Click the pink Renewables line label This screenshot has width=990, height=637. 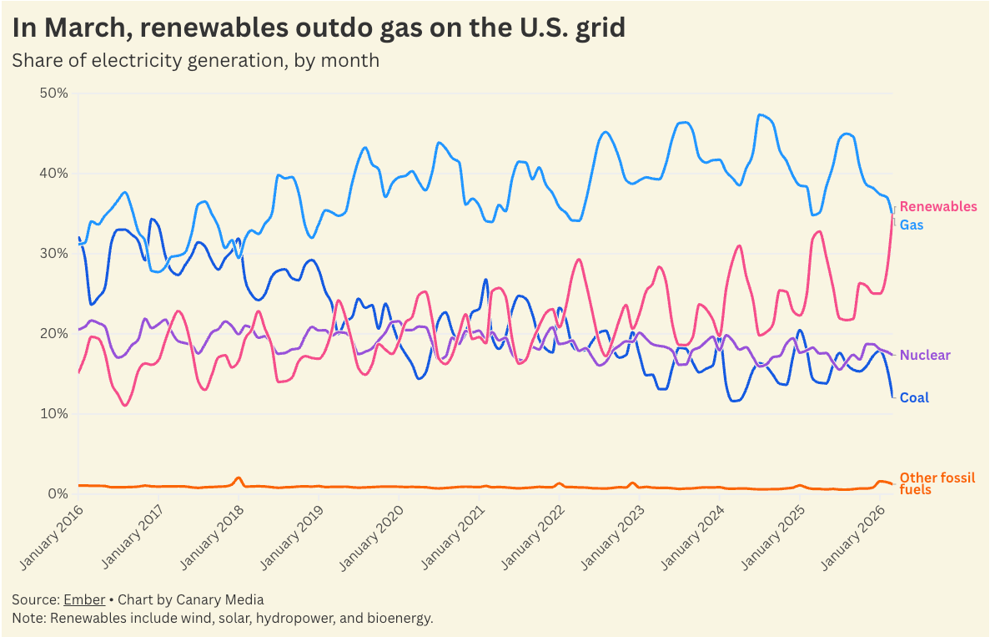938,206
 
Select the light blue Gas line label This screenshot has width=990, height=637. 912,225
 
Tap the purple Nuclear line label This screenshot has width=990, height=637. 925,355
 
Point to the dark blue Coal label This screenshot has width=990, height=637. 915,397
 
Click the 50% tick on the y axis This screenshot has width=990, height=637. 53,93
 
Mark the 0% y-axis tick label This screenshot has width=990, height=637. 58,493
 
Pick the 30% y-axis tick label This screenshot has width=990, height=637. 53,253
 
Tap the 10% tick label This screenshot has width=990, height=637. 53,413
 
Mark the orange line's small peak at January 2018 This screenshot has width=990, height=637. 239,478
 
